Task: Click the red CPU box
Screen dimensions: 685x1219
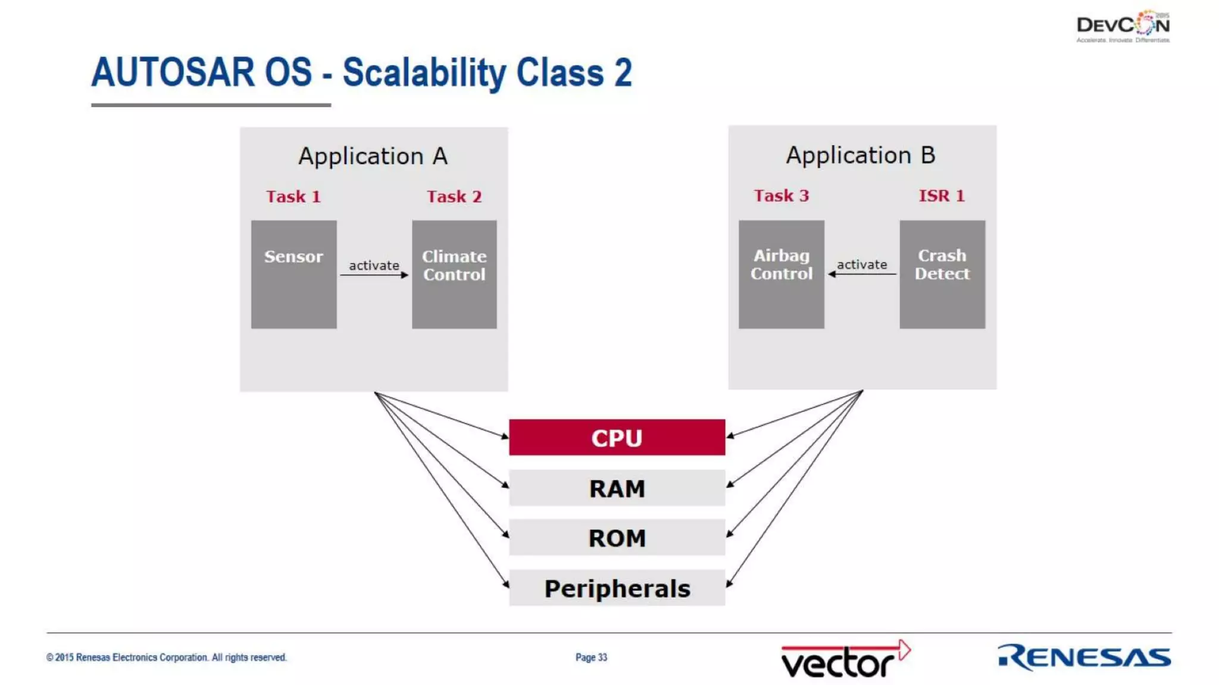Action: [617, 438]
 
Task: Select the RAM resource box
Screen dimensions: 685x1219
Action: [617, 488]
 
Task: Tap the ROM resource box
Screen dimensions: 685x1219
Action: [617, 538]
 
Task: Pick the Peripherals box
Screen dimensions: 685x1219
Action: [617, 588]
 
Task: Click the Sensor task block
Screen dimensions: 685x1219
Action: [293, 274]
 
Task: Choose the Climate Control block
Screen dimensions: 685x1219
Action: [454, 274]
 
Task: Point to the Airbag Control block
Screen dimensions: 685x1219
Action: [781, 274]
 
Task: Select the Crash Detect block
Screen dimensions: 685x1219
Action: [942, 274]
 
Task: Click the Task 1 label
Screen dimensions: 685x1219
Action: [293, 197]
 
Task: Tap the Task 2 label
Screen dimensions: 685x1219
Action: [454, 197]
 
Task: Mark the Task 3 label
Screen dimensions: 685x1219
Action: [781, 196]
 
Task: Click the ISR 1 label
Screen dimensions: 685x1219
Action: [941, 196]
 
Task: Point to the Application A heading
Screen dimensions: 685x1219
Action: [373, 156]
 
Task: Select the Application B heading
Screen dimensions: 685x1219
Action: [861, 155]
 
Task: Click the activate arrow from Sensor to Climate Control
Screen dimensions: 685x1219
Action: [374, 274]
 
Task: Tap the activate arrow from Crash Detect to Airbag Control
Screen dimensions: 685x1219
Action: [862, 274]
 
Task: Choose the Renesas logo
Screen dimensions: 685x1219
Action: [1084, 657]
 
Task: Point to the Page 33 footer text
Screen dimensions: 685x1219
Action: [591, 657]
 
